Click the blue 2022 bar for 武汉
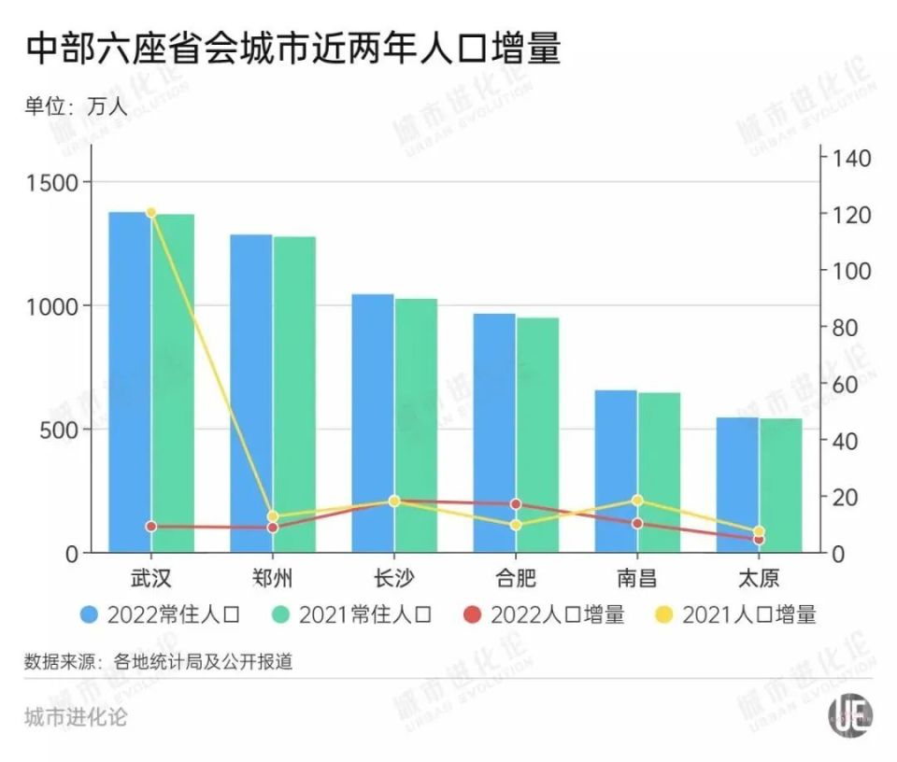(130, 383)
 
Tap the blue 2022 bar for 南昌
(616, 471)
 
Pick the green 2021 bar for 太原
(780, 485)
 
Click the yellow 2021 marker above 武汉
(151, 213)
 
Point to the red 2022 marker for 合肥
(516, 504)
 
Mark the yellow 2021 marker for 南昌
(637, 501)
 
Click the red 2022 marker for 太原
(759, 539)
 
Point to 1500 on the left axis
(60, 182)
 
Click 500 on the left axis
(65, 430)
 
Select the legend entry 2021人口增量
(748, 614)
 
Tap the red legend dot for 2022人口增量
(474, 614)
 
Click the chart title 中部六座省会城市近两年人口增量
(292, 49)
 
